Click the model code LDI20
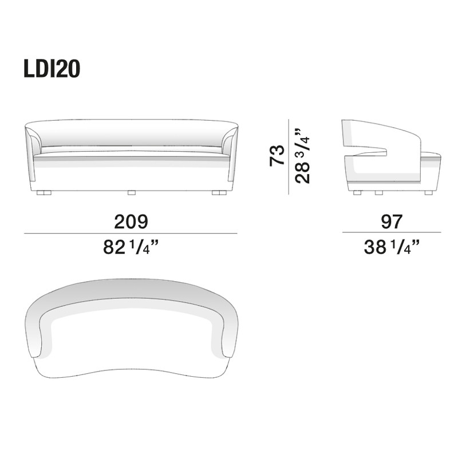point(52,69)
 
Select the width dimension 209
point(131,221)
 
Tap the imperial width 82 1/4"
point(131,247)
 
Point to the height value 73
point(277,155)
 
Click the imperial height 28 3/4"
point(304,155)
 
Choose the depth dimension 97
point(392,221)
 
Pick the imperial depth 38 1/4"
point(392,247)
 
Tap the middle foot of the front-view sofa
point(131,193)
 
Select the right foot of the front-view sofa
point(218,193)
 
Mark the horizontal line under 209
point(131,234)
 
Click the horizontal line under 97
point(392,232)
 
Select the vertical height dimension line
point(289,155)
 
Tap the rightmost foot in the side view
point(428,193)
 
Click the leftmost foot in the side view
point(358,193)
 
